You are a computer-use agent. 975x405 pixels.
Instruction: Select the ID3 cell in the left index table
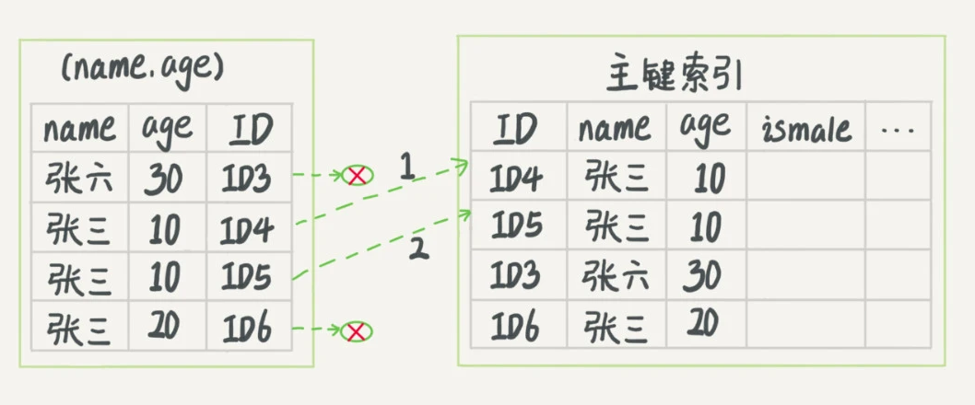(x=247, y=179)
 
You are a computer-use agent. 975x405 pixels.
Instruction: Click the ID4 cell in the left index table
(x=247, y=229)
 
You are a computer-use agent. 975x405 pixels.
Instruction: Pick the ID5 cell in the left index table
(x=247, y=278)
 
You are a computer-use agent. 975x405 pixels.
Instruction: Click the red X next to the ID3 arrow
(x=357, y=174)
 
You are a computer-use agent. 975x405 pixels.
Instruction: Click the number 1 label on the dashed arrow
(x=407, y=168)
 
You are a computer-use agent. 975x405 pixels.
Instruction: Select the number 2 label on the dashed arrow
(x=419, y=248)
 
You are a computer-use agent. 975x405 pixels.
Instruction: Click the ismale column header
(x=806, y=129)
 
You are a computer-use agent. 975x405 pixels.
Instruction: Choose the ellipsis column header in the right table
(x=897, y=130)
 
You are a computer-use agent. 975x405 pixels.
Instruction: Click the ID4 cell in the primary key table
(x=516, y=179)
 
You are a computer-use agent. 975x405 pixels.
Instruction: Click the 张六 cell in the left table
(x=79, y=179)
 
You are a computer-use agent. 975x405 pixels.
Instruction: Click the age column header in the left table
(x=167, y=129)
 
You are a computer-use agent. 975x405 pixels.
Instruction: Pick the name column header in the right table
(x=614, y=129)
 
